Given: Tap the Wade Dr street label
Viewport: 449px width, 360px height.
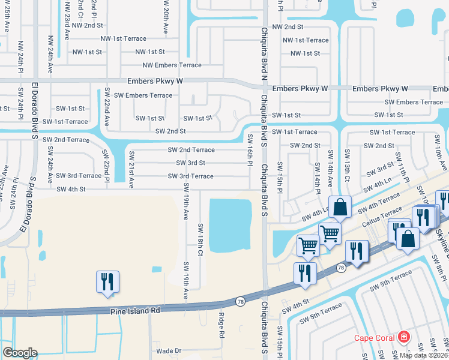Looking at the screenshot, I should pyautogui.click(x=169, y=350).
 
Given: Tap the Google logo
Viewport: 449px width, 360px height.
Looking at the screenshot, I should pyautogui.click(x=19, y=353).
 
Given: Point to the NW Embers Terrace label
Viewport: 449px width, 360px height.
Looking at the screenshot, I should pyautogui.click(x=172, y=65).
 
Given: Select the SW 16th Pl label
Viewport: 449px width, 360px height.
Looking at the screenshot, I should pyautogui.click(x=250, y=148).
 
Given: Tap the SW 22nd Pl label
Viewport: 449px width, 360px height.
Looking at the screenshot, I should pyautogui.click(x=106, y=166).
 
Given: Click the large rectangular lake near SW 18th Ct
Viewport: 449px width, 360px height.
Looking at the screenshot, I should pyautogui.click(x=229, y=224).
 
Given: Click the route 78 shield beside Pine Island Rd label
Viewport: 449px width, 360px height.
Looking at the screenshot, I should pyautogui.click(x=240, y=300).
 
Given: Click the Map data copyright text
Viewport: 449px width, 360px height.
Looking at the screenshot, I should pyautogui.click(x=423, y=355).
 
